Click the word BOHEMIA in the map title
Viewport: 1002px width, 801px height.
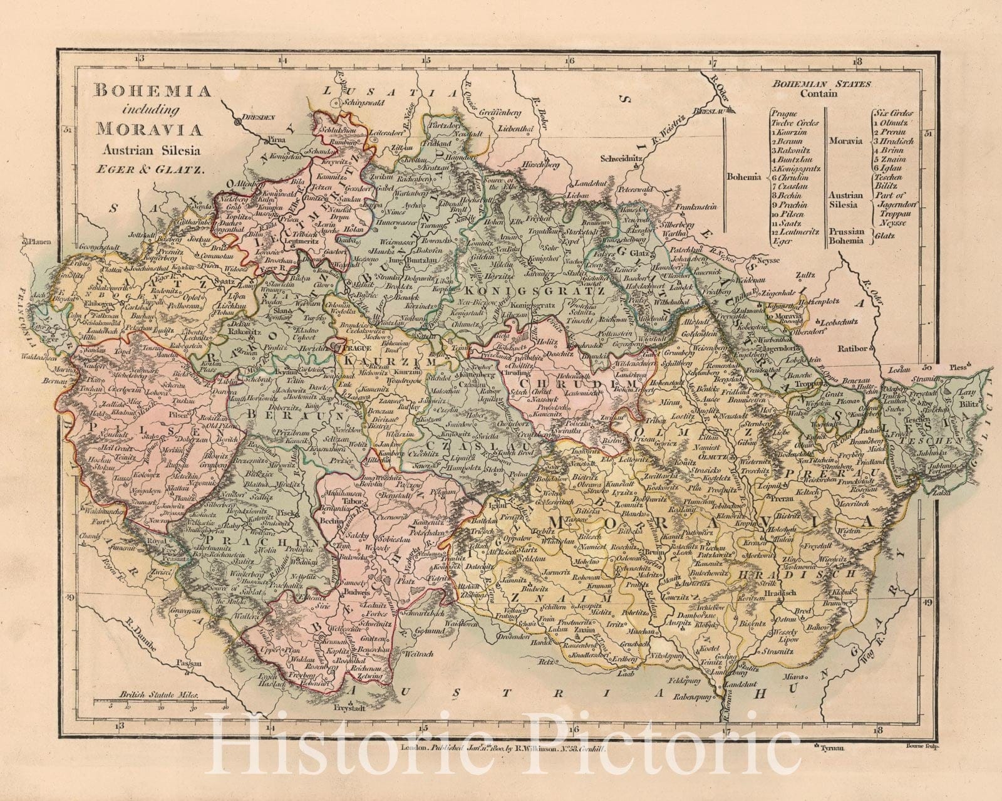coord(152,92)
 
